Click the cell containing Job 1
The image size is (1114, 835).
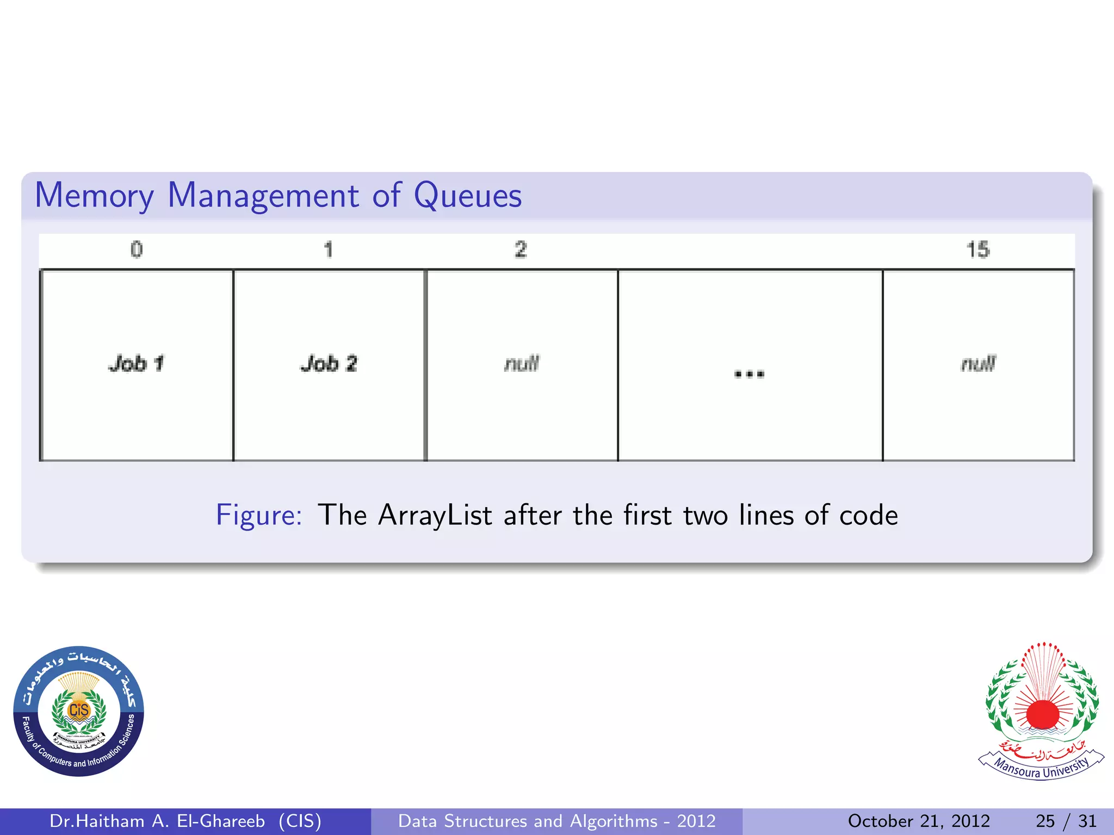click(137, 364)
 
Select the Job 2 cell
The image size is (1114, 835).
click(329, 364)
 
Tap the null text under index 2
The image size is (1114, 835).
click(522, 364)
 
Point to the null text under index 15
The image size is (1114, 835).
click(978, 364)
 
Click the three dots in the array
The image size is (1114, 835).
click(749, 374)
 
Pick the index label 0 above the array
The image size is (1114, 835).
click(137, 250)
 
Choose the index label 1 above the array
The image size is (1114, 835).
click(328, 250)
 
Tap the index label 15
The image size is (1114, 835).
click(977, 250)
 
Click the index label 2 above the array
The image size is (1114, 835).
click(521, 250)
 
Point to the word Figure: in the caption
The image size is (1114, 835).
click(259, 515)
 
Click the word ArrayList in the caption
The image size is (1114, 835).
click(435, 515)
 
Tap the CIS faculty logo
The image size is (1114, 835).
click(79, 711)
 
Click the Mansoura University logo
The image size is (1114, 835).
click(1041, 711)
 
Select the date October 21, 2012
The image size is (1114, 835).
click(919, 821)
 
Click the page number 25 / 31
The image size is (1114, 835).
click(1066, 821)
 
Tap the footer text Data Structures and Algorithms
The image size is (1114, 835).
click(528, 821)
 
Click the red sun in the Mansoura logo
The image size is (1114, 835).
click(1042, 714)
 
